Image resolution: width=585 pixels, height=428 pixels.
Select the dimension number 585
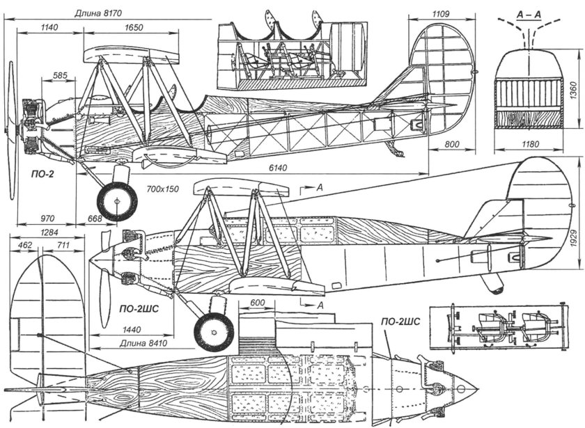60,74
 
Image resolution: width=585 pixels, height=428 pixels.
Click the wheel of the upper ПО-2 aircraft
116,201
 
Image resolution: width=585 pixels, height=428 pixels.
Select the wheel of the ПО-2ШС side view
213,331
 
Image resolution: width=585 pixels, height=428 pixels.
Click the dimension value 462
26,245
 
